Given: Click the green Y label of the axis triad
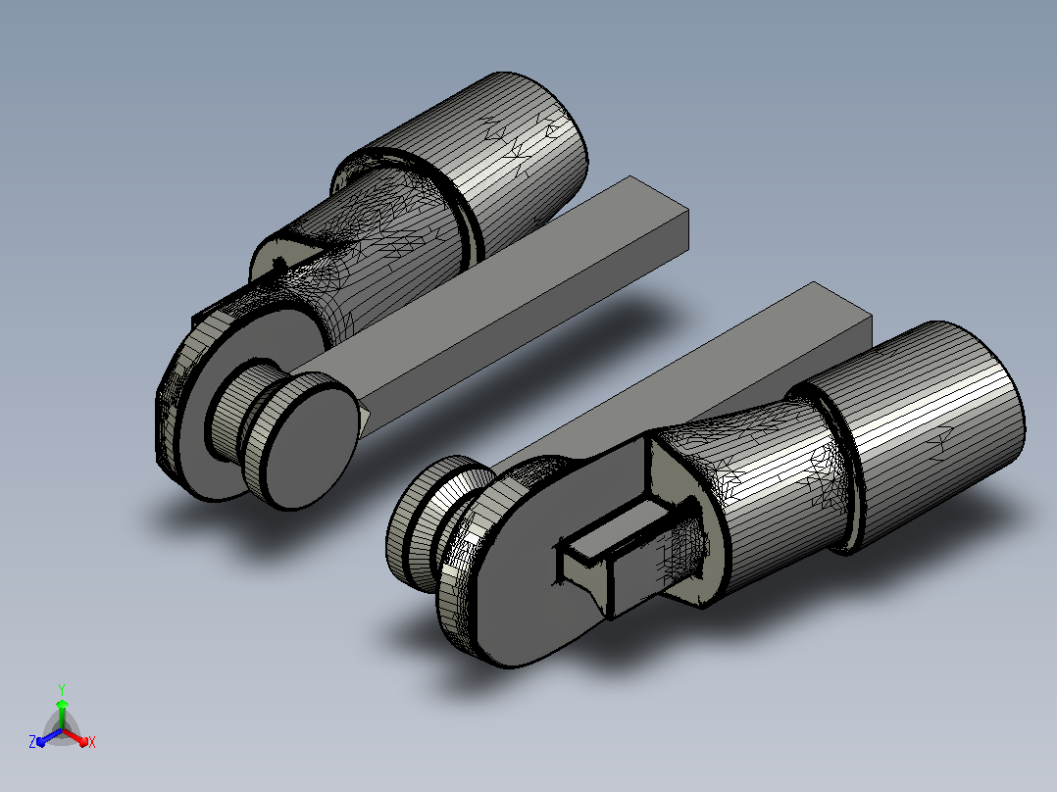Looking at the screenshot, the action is click(x=62, y=689).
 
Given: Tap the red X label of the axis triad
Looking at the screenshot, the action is click(x=92, y=742).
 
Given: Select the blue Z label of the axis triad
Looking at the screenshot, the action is click(x=31, y=741).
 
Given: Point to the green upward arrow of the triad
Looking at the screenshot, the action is click(x=62, y=715).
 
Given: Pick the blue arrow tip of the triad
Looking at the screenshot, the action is click(x=41, y=741).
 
